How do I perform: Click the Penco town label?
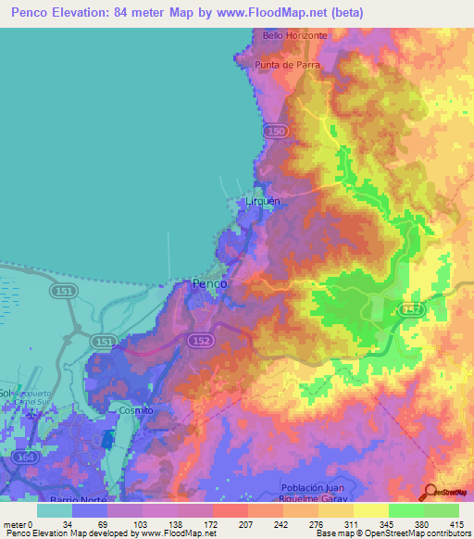210,285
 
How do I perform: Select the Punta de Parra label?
288,65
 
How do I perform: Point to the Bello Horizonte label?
295,35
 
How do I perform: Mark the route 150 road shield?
275,132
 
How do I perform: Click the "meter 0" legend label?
18,523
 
